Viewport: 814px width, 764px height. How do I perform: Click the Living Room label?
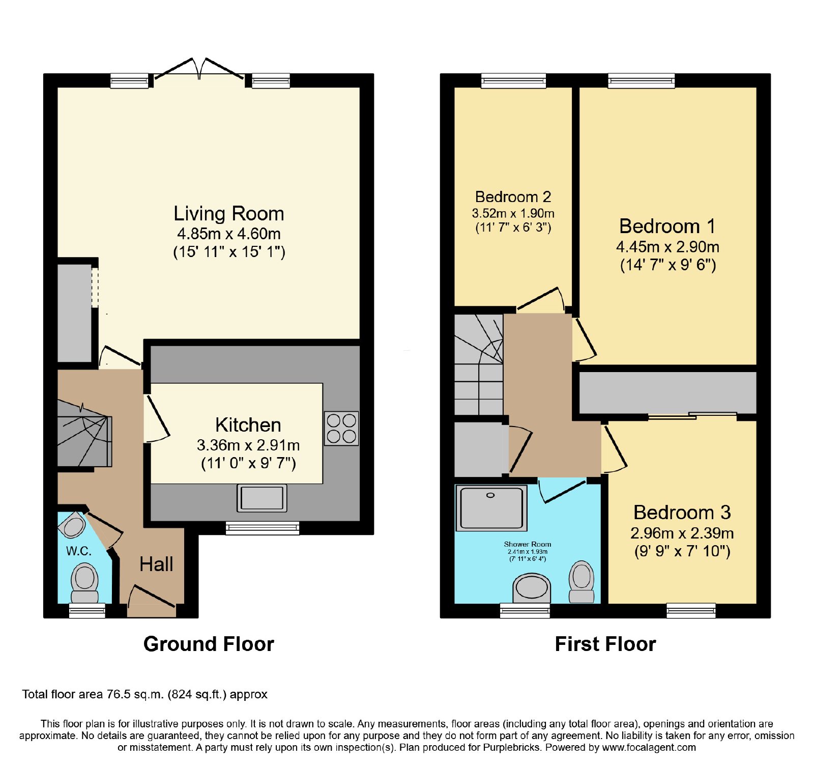[229, 213]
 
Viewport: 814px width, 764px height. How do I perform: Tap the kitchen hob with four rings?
[341, 428]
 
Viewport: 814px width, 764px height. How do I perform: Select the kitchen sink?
[262, 498]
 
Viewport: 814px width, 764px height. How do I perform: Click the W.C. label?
[79, 551]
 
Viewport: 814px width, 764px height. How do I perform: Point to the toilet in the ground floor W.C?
[85, 585]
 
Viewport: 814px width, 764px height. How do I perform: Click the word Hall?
[156, 564]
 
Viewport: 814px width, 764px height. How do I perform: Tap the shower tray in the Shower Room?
[491, 507]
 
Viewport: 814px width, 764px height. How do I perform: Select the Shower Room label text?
[528, 544]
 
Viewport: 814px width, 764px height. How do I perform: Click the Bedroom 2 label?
[513, 197]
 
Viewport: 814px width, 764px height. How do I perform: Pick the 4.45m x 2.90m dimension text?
[667, 247]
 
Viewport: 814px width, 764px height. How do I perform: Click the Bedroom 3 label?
[682, 512]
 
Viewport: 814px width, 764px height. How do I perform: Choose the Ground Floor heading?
[209, 644]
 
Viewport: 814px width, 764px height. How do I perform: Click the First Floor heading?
[605, 644]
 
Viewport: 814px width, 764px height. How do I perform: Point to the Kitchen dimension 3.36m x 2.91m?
[248, 445]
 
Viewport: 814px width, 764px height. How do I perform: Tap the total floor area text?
[144, 694]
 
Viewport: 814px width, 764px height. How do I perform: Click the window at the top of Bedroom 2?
[513, 80]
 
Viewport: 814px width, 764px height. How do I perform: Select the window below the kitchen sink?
[263, 528]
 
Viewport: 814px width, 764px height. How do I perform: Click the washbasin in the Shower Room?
[532, 588]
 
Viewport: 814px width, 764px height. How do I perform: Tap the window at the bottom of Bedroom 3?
[691, 610]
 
